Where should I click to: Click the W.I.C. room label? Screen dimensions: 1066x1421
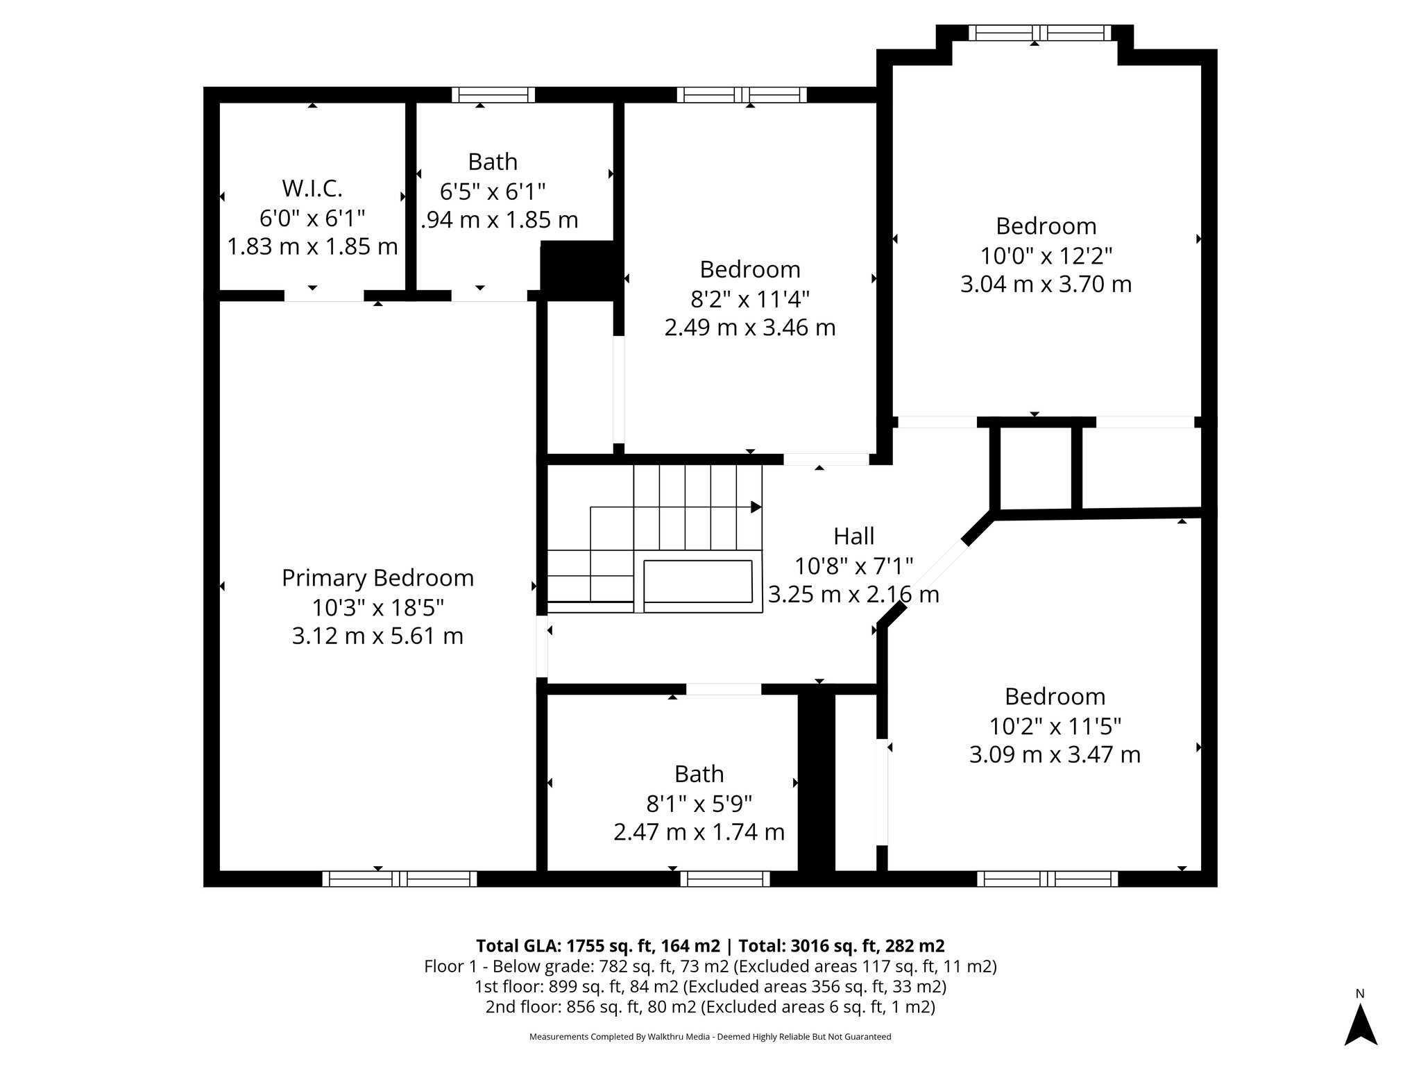pos(312,188)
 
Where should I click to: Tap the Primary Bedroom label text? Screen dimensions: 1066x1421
pos(377,578)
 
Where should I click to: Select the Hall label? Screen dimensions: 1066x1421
pos(853,536)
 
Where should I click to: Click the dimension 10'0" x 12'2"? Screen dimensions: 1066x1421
pos(1046,255)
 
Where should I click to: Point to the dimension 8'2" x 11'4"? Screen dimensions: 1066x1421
pos(749,299)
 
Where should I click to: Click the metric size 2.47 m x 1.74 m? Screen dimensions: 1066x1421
pos(699,832)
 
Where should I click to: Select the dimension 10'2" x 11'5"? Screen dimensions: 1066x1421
pos(1055,726)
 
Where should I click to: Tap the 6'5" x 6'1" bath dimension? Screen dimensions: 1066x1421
pos(493,191)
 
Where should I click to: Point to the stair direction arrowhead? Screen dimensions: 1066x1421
pos(756,507)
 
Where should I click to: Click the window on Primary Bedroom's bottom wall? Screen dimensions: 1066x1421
pos(400,879)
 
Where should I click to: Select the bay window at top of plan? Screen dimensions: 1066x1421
pos(1039,33)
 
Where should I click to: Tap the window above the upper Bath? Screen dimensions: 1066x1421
pos(493,95)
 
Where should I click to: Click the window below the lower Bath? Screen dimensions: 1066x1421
pos(725,879)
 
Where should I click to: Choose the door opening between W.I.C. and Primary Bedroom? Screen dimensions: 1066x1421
pos(324,296)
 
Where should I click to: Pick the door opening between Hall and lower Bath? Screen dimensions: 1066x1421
pos(724,689)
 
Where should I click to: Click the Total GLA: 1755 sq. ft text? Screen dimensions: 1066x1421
pos(598,946)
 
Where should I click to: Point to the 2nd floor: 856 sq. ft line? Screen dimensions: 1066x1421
pos(710,1006)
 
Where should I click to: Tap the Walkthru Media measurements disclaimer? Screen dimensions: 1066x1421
pos(710,1037)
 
